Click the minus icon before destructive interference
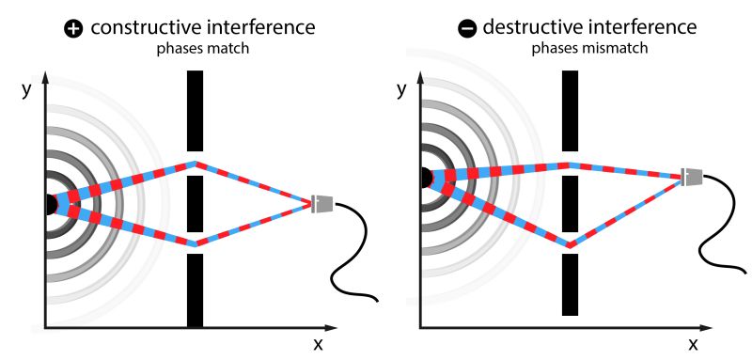[x=466, y=28]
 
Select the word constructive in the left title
[x=141, y=28]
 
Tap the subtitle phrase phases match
[x=202, y=49]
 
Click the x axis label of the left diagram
[x=318, y=344]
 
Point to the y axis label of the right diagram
[x=402, y=90]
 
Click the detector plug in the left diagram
[x=322, y=202]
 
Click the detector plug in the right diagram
[x=692, y=176]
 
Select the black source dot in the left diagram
[x=50, y=203]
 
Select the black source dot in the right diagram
[x=425, y=177]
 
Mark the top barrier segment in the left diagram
[x=195, y=110]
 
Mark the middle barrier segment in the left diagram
[x=195, y=203]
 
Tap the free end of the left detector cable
[x=377, y=301]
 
